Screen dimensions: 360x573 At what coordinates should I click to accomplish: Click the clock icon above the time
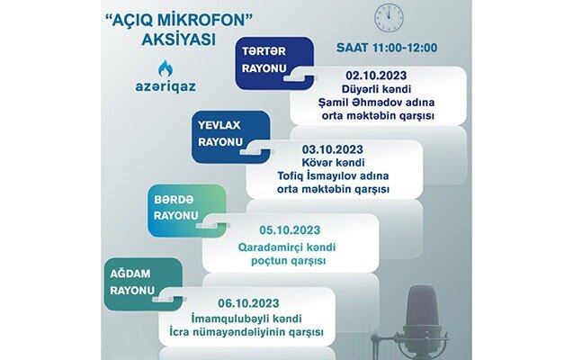388,18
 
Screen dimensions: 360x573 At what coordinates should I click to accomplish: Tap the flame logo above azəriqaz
165,69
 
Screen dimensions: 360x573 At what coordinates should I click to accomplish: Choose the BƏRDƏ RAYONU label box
186,209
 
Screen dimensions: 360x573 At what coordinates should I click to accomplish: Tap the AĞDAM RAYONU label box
143,281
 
